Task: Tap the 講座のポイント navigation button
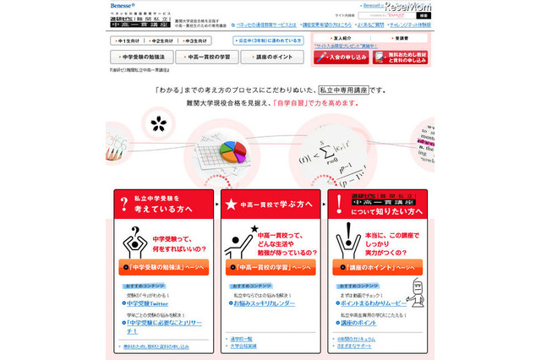coord(271,57)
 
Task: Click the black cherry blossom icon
coord(158,124)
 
